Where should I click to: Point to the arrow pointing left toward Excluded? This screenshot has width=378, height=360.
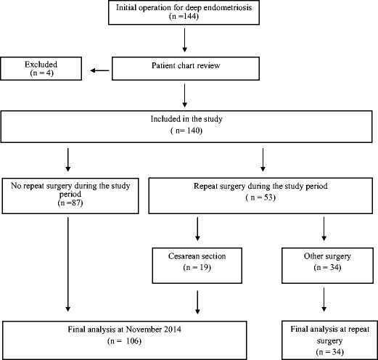[x=99, y=71]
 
